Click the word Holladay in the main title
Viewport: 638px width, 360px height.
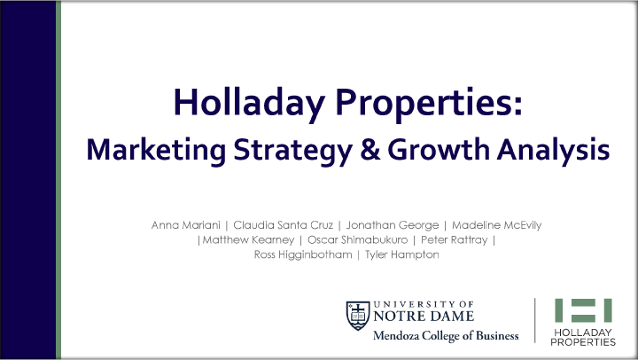click(x=249, y=102)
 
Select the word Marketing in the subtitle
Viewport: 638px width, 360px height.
click(x=156, y=150)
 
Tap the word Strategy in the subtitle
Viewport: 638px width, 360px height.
click(x=293, y=150)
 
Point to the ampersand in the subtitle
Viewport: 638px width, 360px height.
click(x=370, y=149)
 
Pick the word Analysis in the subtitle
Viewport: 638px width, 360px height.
click(x=553, y=150)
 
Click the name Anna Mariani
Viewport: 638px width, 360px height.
click(x=185, y=225)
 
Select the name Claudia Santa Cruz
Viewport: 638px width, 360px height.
click(x=284, y=225)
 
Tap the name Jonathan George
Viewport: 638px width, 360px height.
click(x=393, y=225)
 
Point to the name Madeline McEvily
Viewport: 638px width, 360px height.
click(x=497, y=225)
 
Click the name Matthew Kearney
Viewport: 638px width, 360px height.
click(x=248, y=240)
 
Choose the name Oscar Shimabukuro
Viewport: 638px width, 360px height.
click(x=357, y=240)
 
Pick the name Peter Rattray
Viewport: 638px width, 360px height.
click(x=454, y=240)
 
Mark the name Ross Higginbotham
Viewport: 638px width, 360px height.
click(x=303, y=255)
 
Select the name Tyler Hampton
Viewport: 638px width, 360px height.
click(x=402, y=255)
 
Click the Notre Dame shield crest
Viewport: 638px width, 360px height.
click(x=358, y=315)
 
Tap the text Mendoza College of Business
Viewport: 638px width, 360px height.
click(x=446, y=336)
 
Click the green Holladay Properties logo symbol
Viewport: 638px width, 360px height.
click(x=583, y=310)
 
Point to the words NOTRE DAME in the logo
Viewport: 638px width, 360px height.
click(x=424, y=316)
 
